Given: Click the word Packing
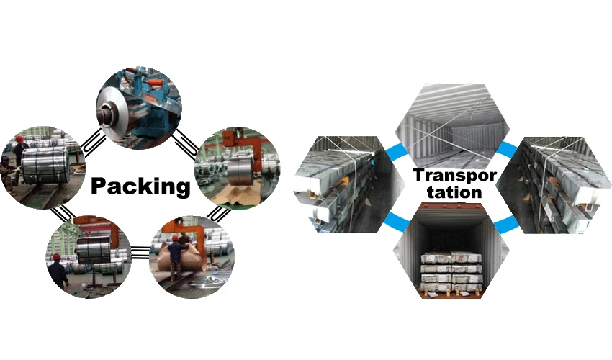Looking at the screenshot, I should pyautogui.click(x=140, y=186).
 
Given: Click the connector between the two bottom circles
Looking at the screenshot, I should pyautogui.click(x=140, y=251).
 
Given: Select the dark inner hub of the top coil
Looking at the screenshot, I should pyautogui.click(x=110, y=112).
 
